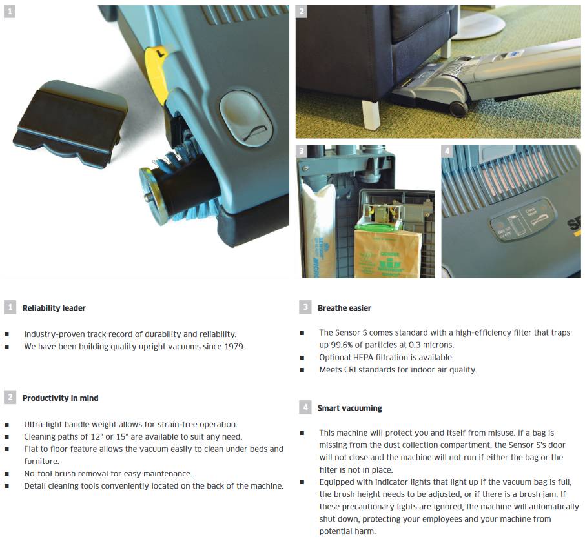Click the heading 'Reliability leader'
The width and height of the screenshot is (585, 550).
coord(54,308)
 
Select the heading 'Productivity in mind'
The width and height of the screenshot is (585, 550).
coord(61,398)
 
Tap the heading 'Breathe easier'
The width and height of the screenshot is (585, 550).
coord(344,308)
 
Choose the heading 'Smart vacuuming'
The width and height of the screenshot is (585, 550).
coord(349,409)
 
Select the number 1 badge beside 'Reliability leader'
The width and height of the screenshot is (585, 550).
coord(10,307)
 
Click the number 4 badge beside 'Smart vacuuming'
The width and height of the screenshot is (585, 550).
coord(305,407)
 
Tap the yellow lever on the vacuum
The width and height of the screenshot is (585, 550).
coord(156,75)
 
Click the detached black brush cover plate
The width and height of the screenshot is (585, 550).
coord(69,121)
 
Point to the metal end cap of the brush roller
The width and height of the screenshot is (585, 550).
coord(152,195)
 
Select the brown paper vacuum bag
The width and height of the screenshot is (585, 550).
coord(387,254)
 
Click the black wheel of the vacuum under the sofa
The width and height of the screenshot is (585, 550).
coord(458,108)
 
